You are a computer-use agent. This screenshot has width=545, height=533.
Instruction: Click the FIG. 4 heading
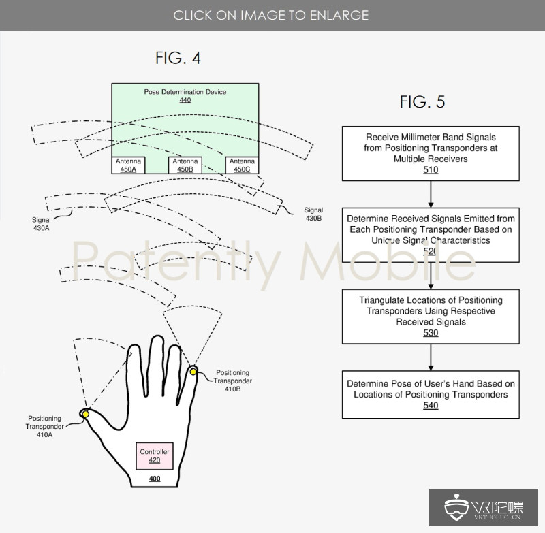tap(178, 58)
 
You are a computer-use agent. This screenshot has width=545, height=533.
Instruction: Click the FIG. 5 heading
tap(422, 101)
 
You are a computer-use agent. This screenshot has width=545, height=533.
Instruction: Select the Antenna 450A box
tap(128, 165)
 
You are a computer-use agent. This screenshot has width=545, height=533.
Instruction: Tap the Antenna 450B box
tap(185, 165)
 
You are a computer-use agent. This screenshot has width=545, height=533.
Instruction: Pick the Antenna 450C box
tap(242, 165)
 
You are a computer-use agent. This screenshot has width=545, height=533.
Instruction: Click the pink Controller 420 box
tap(155, 456)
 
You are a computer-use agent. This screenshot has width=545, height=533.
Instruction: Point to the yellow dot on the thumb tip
tap(86, 415)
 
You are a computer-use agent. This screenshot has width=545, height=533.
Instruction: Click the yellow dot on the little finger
tap(193, 372)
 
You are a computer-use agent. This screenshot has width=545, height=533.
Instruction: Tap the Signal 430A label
tap(42, 224)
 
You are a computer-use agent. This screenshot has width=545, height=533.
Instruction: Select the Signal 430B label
tap(313, 214)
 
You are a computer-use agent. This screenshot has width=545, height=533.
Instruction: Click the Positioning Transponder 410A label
tap(45, 426)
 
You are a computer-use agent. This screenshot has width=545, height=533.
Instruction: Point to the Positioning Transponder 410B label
tap(232, 381)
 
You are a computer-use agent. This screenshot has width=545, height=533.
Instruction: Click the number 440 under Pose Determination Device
tap(185, 100)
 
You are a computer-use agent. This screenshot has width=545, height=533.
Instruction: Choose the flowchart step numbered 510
tap(431, 153)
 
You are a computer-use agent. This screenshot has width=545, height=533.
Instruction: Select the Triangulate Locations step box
tap(431, 317)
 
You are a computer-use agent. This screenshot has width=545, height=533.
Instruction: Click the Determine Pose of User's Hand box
tap(431, 394)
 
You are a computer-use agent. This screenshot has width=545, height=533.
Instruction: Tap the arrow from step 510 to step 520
tap(431, 195)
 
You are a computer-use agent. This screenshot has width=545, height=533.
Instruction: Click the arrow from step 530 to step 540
tap(431, 357)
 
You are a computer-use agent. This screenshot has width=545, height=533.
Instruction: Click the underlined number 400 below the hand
tap(155, 479)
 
